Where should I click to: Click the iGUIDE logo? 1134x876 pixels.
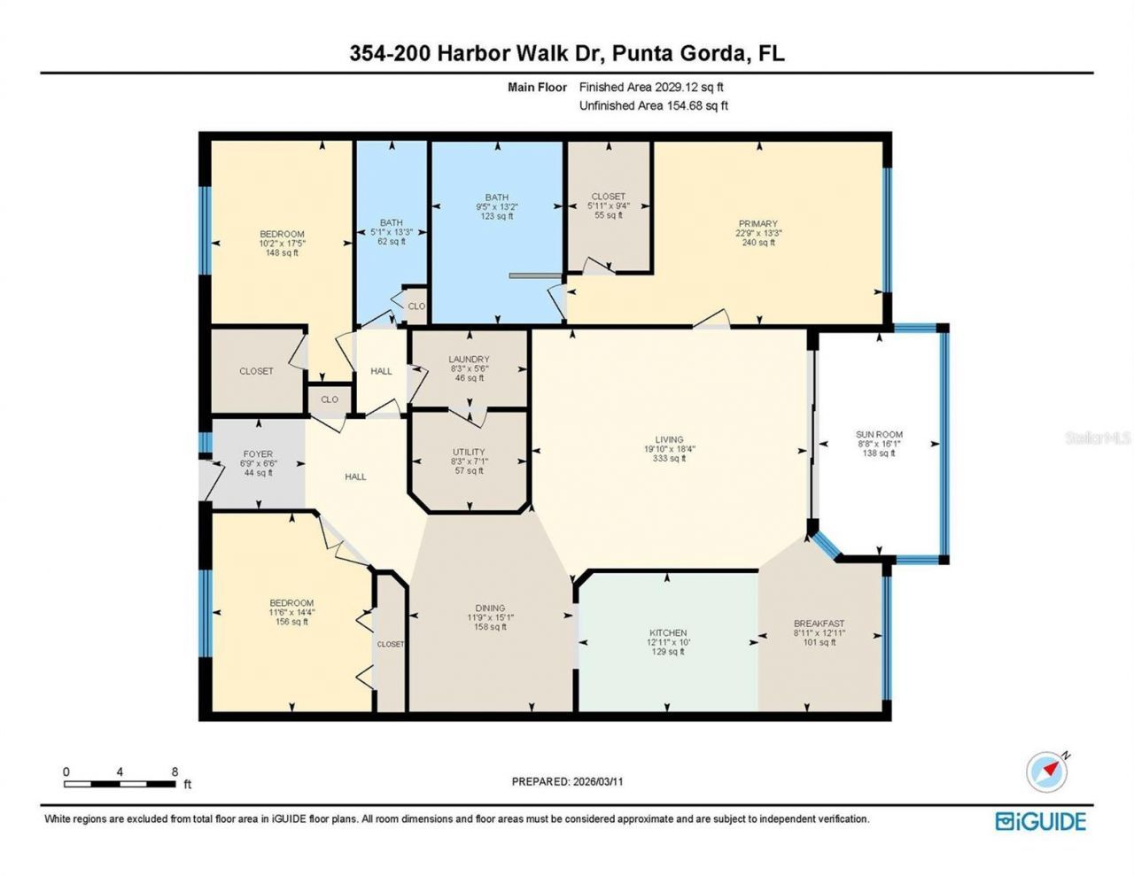(x=1040, y=821)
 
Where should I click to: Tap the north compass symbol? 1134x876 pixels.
(x=1046, y=771)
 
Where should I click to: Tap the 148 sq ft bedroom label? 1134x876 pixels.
(x=282, y=244)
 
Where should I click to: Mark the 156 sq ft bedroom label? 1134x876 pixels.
(x=291, y=612)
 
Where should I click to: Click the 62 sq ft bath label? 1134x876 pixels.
(x=391, y=232)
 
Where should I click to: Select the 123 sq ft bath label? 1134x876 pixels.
(x=496, y=206)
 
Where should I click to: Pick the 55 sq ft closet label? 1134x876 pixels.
(x=608, y=205)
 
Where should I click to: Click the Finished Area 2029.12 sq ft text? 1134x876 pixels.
(x=651, y=87)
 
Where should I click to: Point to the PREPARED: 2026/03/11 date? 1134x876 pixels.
(x=573, y=781)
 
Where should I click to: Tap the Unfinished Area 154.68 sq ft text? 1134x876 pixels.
(x=653, y=105)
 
